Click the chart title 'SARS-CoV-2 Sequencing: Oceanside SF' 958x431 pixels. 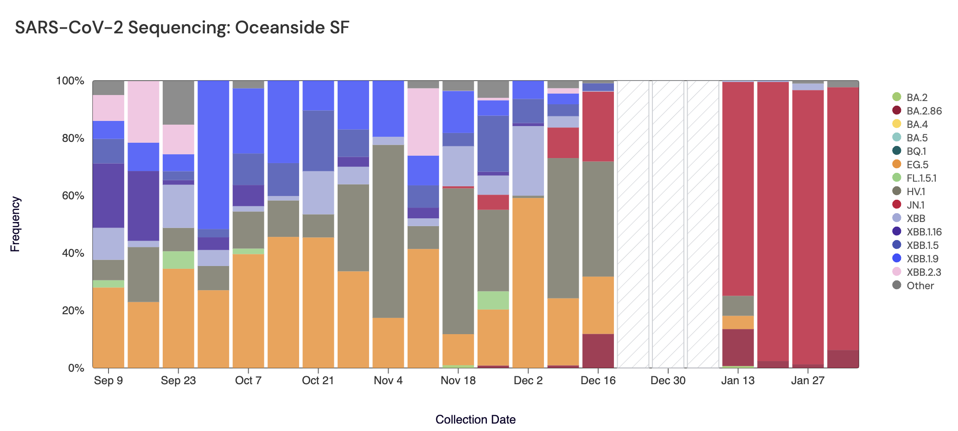coord(182,28)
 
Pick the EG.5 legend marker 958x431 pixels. coord(897,165)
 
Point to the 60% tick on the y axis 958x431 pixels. coord(70,196)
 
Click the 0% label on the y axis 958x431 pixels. coord(76,368)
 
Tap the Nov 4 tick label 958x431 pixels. coord(388,381)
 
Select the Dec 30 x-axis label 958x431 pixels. coord(668,381)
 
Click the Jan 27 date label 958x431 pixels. coord(808,381)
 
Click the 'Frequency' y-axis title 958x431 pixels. coord(15,224)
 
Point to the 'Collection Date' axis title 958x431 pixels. coord(475,419)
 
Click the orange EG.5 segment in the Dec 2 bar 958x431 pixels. coord(528,283)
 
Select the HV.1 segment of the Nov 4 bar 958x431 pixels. coord(388,231)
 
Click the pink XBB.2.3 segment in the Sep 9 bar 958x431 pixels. coord(109,108)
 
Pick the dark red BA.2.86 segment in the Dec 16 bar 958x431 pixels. coord(598,351)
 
